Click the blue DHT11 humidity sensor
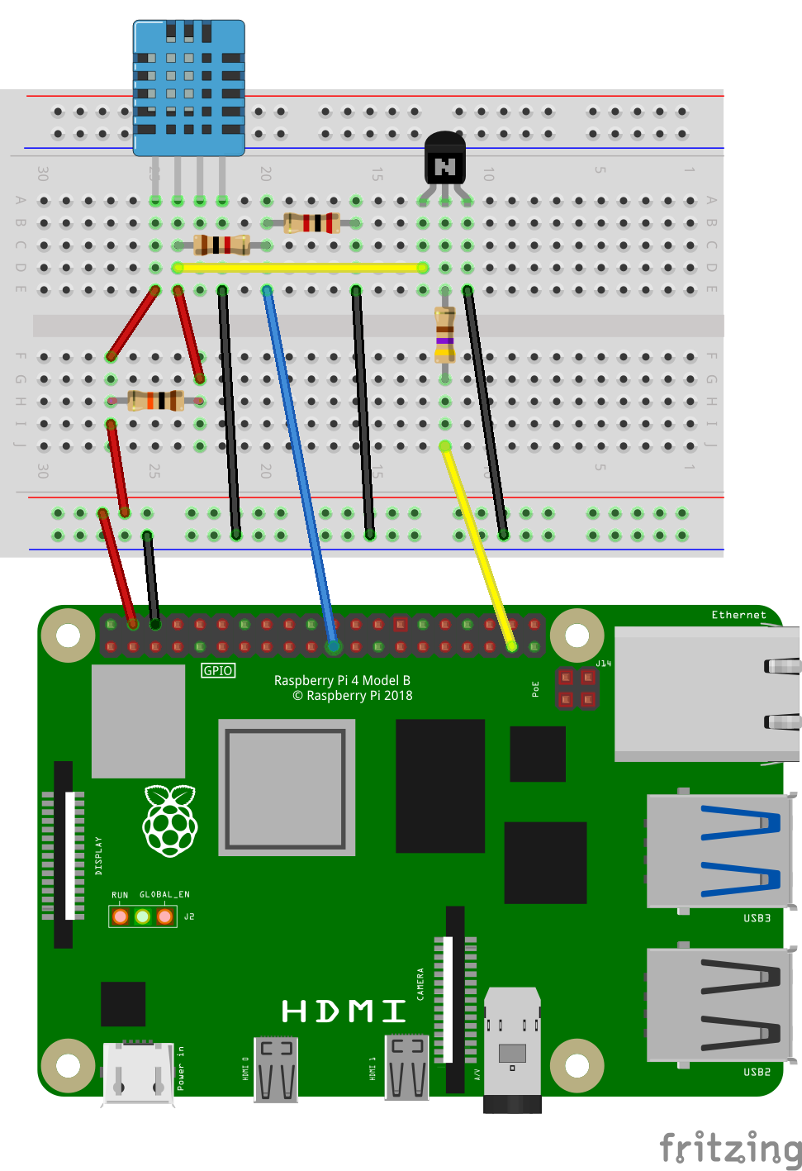pos(188,88)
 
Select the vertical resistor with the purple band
pos(445,335)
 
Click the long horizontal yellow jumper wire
pos(300,268)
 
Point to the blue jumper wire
pos(299,463)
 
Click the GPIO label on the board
pos(218,670)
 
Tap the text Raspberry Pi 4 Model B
pos(342,680)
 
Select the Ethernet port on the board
pos(706,694)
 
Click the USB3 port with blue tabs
pos(719,851)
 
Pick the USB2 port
pos(719,1005)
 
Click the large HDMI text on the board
pos(344,1011)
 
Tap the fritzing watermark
pos(730,1149)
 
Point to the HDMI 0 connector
pos(276,1069)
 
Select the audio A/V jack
pos(512,1050)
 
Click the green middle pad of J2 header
pos(143,916)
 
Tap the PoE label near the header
pos(535,688)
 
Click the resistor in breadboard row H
pos(155,401)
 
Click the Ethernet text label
pos(738,615)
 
